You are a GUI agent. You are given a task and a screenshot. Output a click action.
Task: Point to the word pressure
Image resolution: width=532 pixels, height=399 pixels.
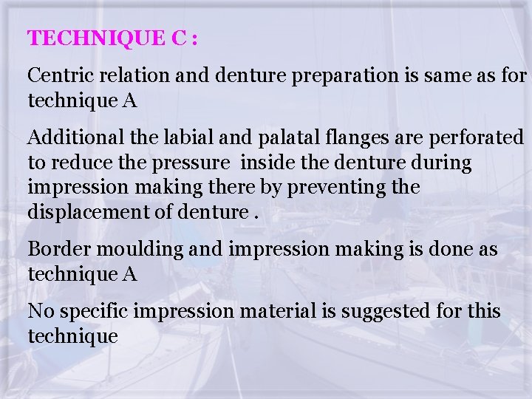[188, 163]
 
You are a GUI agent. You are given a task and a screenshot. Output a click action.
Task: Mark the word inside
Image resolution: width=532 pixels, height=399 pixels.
[264, 163]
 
